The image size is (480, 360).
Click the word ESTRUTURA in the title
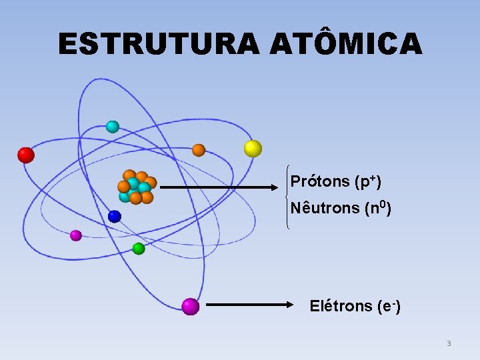pos(159,45)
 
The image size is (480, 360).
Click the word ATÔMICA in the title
pos(346,43)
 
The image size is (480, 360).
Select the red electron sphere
pos(26,155)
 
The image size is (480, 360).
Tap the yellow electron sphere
pos(253,148)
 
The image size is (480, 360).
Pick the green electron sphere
pos(139,249)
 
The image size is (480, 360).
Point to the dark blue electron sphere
pos(115,216)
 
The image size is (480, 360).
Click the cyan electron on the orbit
pos(113,127)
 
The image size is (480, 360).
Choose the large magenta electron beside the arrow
pos(191,306)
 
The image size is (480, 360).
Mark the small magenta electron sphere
pos(76,235)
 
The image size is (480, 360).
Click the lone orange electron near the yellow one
pos(199,150)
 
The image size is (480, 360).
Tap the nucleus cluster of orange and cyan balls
pos(136,187)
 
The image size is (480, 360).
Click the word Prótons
pos(320,181)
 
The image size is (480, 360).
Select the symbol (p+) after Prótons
pos(368,181)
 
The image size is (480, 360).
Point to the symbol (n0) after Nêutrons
pos(378,208)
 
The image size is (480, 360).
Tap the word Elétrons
pos(341,306)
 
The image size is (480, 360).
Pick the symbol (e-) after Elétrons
pos(388,306)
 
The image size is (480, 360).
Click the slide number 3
pos(449,344)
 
